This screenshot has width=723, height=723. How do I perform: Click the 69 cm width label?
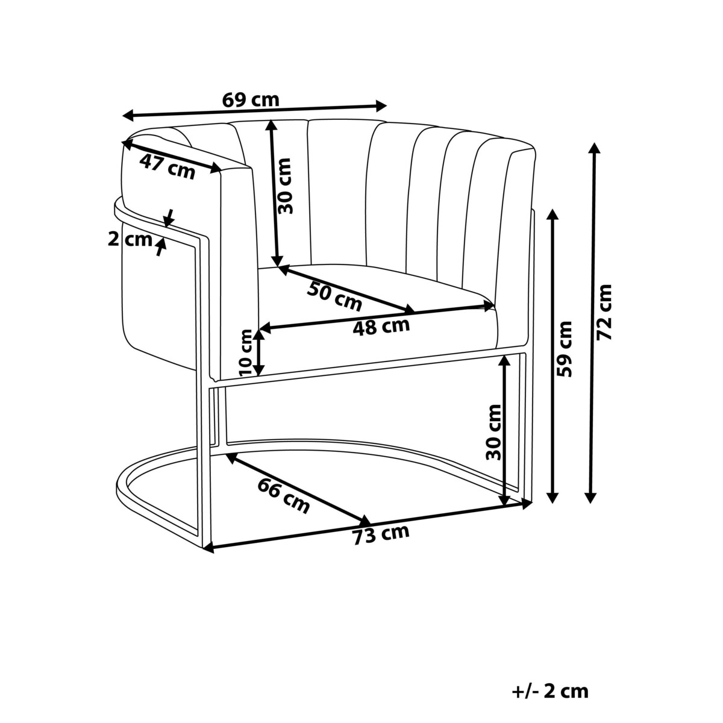click(x=251, y=99)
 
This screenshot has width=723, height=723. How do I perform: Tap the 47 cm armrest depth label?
click(x=167, y=167)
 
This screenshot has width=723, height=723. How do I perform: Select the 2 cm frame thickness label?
click(x=130, y=239)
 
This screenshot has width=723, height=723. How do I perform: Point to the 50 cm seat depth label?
click(x=334, y=295)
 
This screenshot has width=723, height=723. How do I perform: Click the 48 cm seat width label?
click(x=381, y=327)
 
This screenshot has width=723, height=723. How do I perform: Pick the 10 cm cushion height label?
click(x=245, y=352)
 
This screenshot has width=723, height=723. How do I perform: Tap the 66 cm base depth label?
click(x=283, y=495)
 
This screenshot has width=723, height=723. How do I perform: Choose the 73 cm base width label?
click(x=381, y=534)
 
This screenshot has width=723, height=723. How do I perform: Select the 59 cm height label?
click(x=565, y=349)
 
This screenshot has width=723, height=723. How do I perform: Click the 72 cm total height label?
click(x=604, y=312)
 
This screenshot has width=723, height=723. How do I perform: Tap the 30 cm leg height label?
click(x=494, y=431)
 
